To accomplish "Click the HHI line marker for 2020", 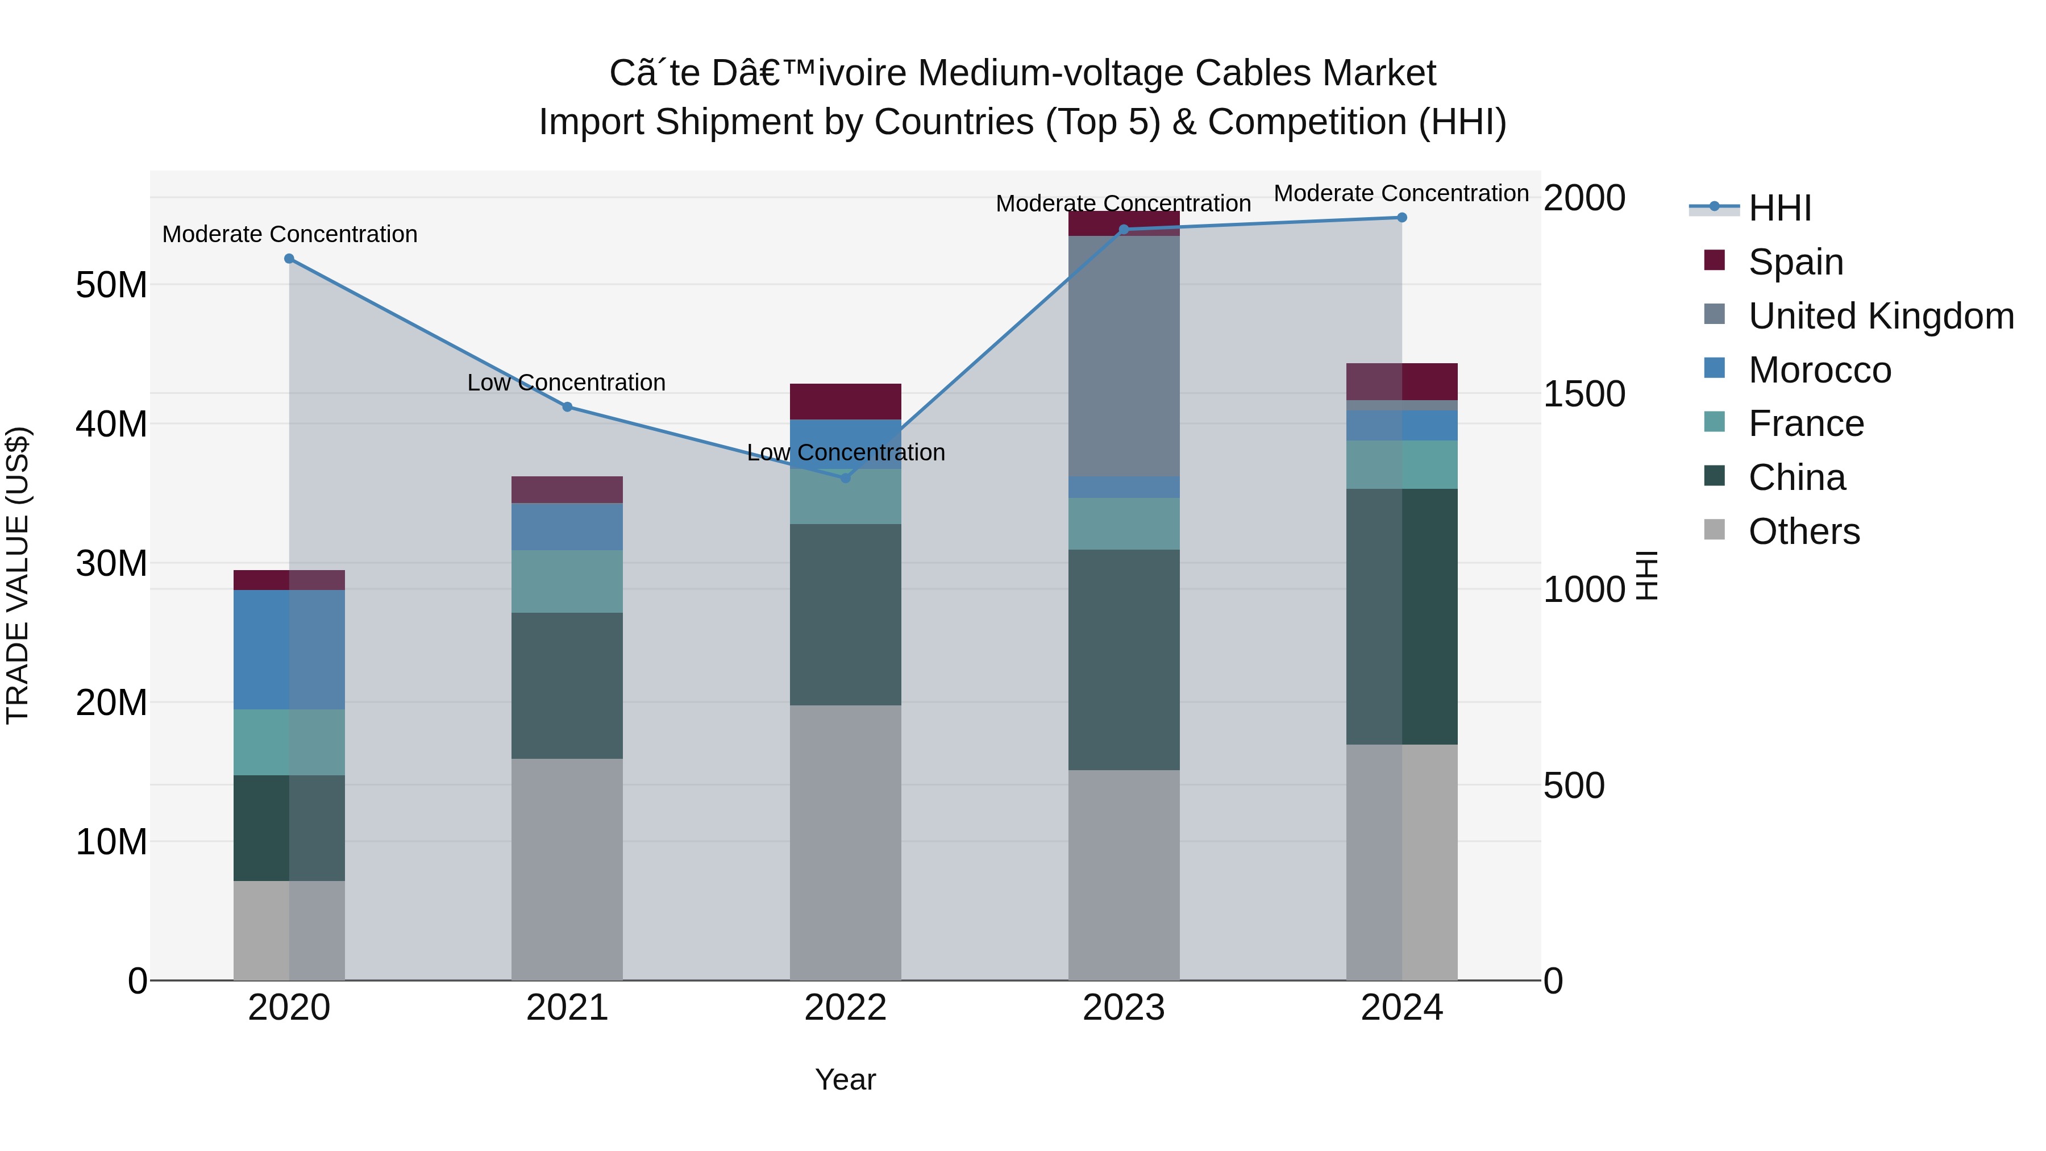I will coord(289,259).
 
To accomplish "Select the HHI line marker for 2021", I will coord(567,407).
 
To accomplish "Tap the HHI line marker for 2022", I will coord(845,477).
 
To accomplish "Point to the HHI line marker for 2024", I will coord(1402,218).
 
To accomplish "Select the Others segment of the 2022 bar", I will coord(845,842).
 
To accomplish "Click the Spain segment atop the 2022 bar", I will coord(845,401).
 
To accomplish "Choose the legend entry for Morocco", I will coord(1819,370).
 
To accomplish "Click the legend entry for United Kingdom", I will coord(1880,316).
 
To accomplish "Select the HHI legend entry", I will coord(1779,208).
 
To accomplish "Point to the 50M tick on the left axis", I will coord(111,284).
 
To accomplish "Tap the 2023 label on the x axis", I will coord(1123,1007).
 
